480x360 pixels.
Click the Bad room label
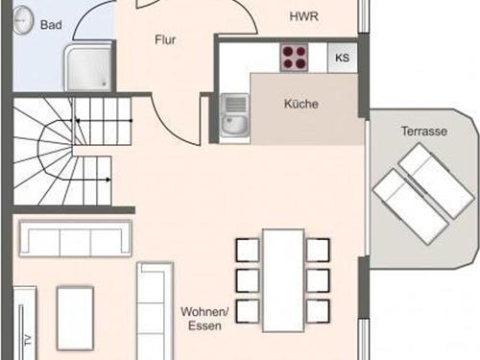click(x=51, y=25)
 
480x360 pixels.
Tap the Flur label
click(x=165, y=39)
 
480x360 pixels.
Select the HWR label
click(x=304, y=16)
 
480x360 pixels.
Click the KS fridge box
click(x=342, y=58)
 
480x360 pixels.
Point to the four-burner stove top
click(x=294, y=58)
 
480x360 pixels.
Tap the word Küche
click(x=301, y=104)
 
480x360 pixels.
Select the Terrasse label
click(x=424, y=132)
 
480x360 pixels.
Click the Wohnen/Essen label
click(x=204, y=319)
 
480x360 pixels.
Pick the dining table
click(x=283, y=280)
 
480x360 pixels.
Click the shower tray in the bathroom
click(x=88, y=68)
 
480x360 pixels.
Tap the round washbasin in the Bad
click(x=23, y=20)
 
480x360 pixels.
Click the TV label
click(x=28, y=340)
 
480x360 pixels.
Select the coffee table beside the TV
click(x=76, y=318)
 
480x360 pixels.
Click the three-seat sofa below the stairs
click(x=75, y=238)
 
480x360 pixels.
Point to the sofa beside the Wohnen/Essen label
click(x=156, y=311)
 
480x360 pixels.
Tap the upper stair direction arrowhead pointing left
click(x=78, y=121)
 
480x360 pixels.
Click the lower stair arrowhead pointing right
click(x=108, y=180)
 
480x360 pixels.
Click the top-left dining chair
click(x=248, y=250)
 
